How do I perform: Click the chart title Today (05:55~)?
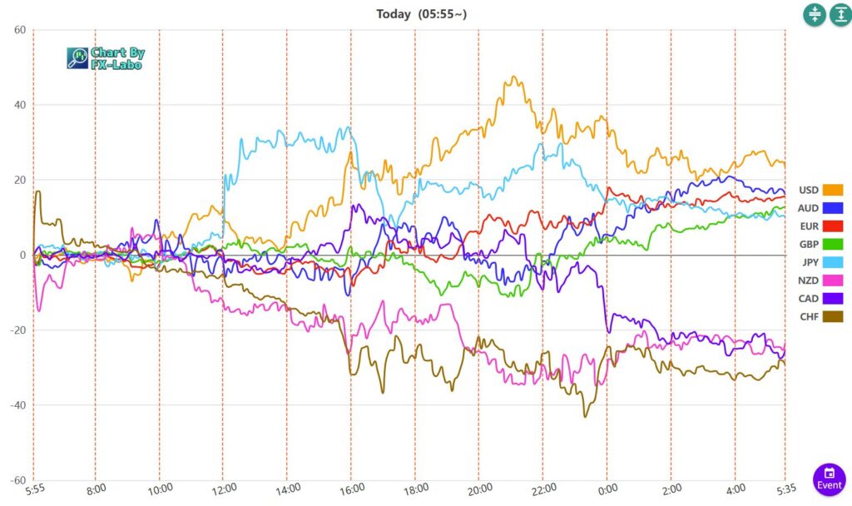point(426,13)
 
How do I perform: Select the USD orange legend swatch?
point(832,190)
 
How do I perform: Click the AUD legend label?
point(808,208)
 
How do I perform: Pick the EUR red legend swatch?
point(832,226)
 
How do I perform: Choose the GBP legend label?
point(808,244)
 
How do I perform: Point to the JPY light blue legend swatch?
point(832,262)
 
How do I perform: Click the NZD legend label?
point(808,280)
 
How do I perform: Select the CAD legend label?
point(808,298)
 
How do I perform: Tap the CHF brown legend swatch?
point(832,316)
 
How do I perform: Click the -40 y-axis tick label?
point(17,405)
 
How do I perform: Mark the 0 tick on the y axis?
point(22,255)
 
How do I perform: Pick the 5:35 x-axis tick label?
point(785,489)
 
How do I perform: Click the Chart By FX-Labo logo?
point(106,57)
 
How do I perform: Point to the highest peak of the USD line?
point(513,77)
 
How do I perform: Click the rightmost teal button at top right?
point(840,15)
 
